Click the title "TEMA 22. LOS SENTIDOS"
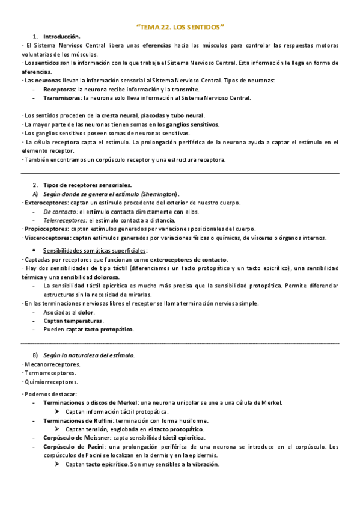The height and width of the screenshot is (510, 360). pos(180,27)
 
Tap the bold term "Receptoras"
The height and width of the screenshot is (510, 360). pos(59,89)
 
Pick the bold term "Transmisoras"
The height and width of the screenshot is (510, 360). pos(63,98)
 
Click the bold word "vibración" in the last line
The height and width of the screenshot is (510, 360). pos(205,464)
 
